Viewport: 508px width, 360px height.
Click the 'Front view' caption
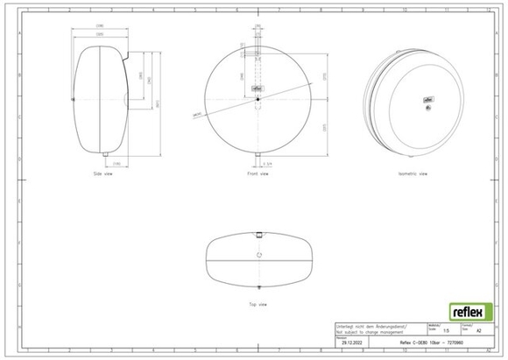click(258, 174)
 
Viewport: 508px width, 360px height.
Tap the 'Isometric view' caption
click(413, 174)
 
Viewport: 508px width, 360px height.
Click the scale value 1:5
click(448, 331)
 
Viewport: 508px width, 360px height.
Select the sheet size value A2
click(476, 331)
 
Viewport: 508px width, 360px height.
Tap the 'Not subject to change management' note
click(369, 331)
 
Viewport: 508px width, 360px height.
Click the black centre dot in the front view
click(258, 98)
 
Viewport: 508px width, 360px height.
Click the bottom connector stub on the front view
click(258, 161)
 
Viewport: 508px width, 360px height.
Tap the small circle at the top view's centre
click(258, 254)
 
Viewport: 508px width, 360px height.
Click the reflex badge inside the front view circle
click(258, 87)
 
